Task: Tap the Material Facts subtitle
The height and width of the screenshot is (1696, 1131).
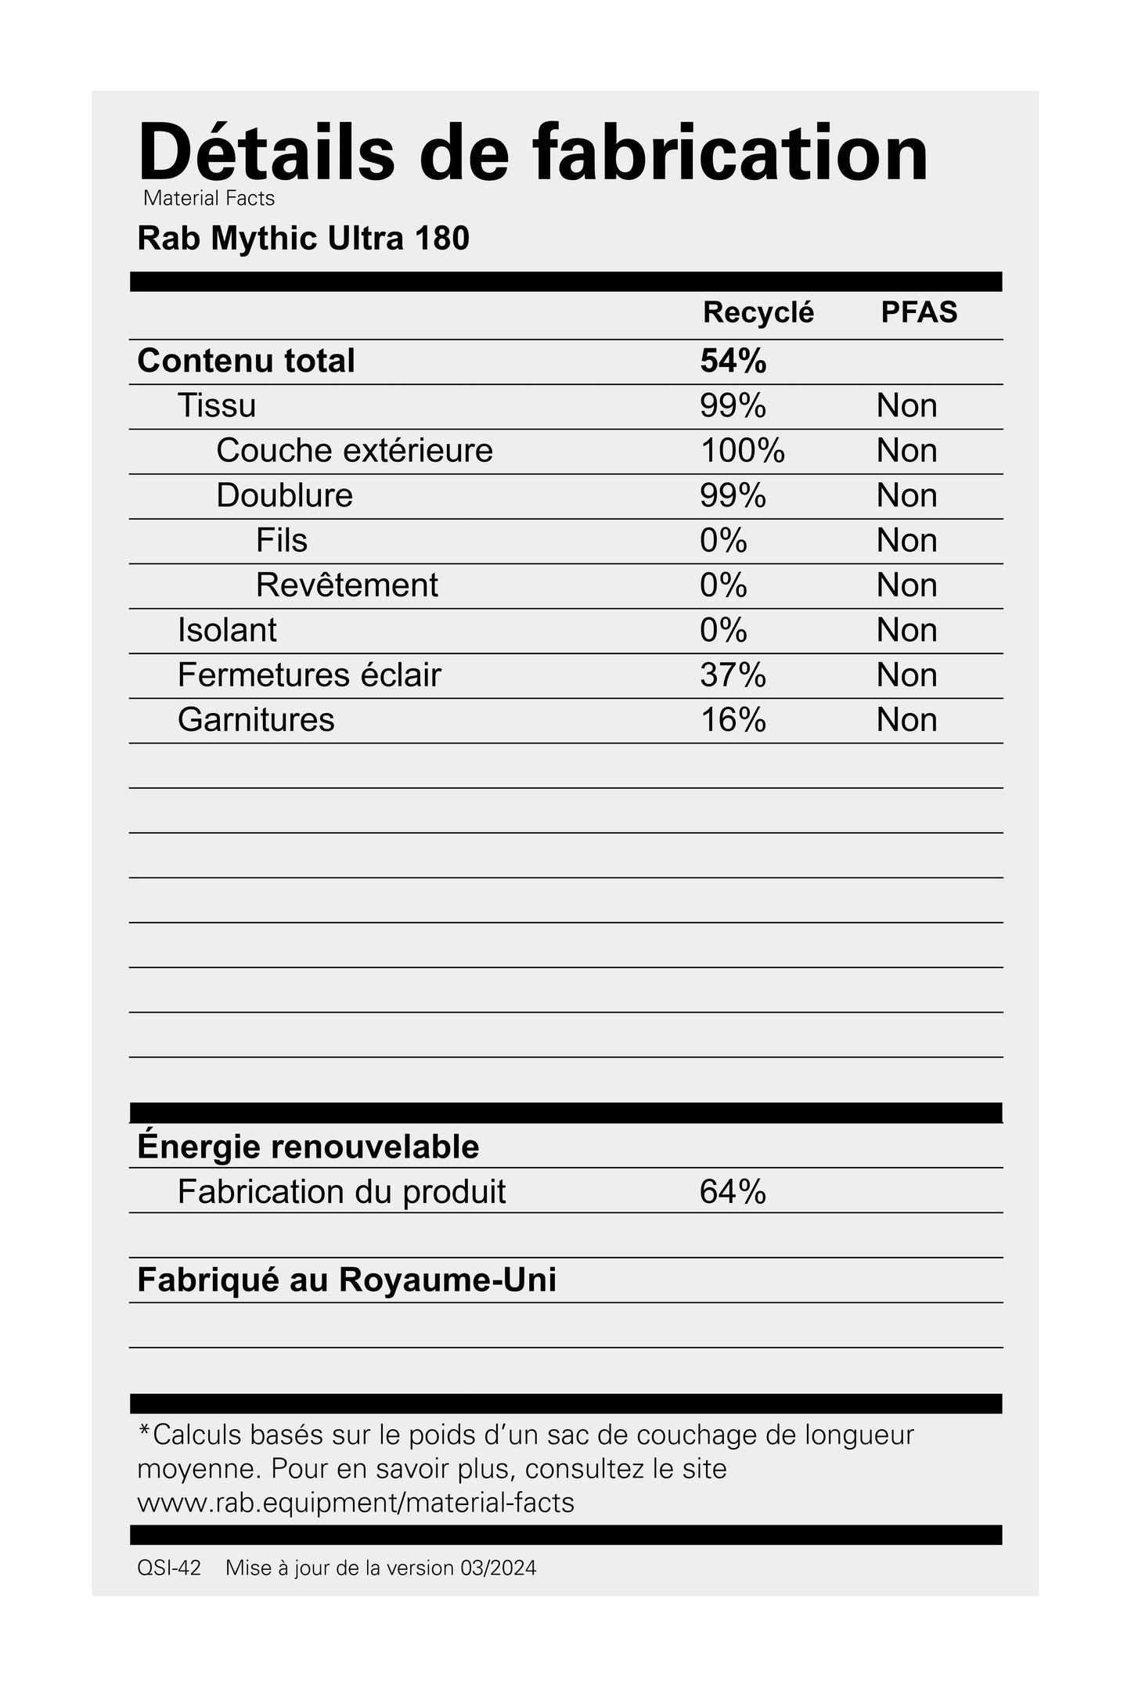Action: pos(209,199)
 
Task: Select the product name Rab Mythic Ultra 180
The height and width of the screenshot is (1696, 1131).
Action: pos(303,239)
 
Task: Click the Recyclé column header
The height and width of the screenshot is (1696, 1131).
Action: pos(758,312)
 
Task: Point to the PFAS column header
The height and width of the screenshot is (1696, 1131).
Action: pos(919,312)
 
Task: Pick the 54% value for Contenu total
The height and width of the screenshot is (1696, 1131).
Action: pos(733,361)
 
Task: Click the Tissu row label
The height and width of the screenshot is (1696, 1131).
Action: pos(217,405)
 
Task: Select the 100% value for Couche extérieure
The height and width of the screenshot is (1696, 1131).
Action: pos(742,451)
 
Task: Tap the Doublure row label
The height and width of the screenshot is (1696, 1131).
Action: pos(284,495)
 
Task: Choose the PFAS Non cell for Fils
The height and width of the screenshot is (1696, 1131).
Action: pos(906,541)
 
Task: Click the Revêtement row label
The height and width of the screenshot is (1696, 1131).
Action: pos(347,585)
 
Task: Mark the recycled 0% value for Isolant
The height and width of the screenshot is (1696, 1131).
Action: pos(723,630)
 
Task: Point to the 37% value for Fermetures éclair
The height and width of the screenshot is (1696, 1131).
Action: pos(733,675)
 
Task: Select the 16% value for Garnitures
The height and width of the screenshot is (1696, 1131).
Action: pos(733,720)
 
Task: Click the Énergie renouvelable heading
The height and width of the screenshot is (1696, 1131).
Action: pos(308,1147)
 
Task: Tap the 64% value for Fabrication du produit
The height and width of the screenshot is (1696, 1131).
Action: pos(733,1192)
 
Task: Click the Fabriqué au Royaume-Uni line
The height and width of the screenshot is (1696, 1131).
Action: pos(347,1280)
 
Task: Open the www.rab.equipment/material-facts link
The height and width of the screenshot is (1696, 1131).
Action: pos(355,1503)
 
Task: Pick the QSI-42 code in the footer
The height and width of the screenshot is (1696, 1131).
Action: pos(168,1568)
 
